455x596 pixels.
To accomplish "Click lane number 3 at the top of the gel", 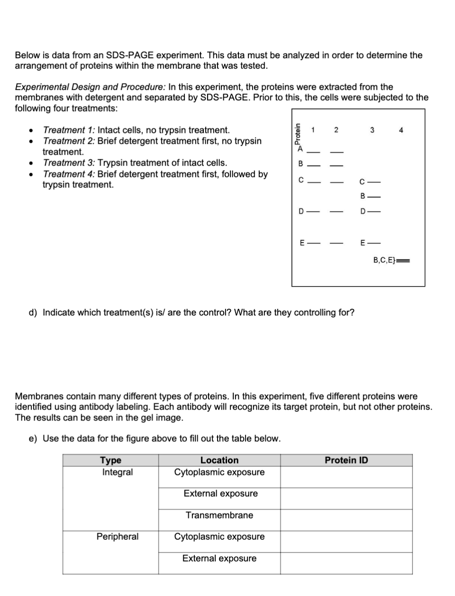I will (372, 130).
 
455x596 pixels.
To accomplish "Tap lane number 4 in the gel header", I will (400, 130).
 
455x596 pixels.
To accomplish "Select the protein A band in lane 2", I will (336, 152).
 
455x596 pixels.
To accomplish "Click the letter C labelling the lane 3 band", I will (362, 182).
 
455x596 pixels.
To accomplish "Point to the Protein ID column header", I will (346, 460).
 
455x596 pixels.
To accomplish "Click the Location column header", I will (219, 460).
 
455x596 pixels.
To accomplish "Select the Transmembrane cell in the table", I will (219, 515).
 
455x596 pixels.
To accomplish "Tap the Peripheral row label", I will (117, 536).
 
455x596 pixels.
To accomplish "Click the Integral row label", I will (117, 472).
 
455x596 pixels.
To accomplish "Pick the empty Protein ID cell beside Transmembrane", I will (346, 520).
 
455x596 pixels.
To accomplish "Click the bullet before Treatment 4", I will (31, 175).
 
